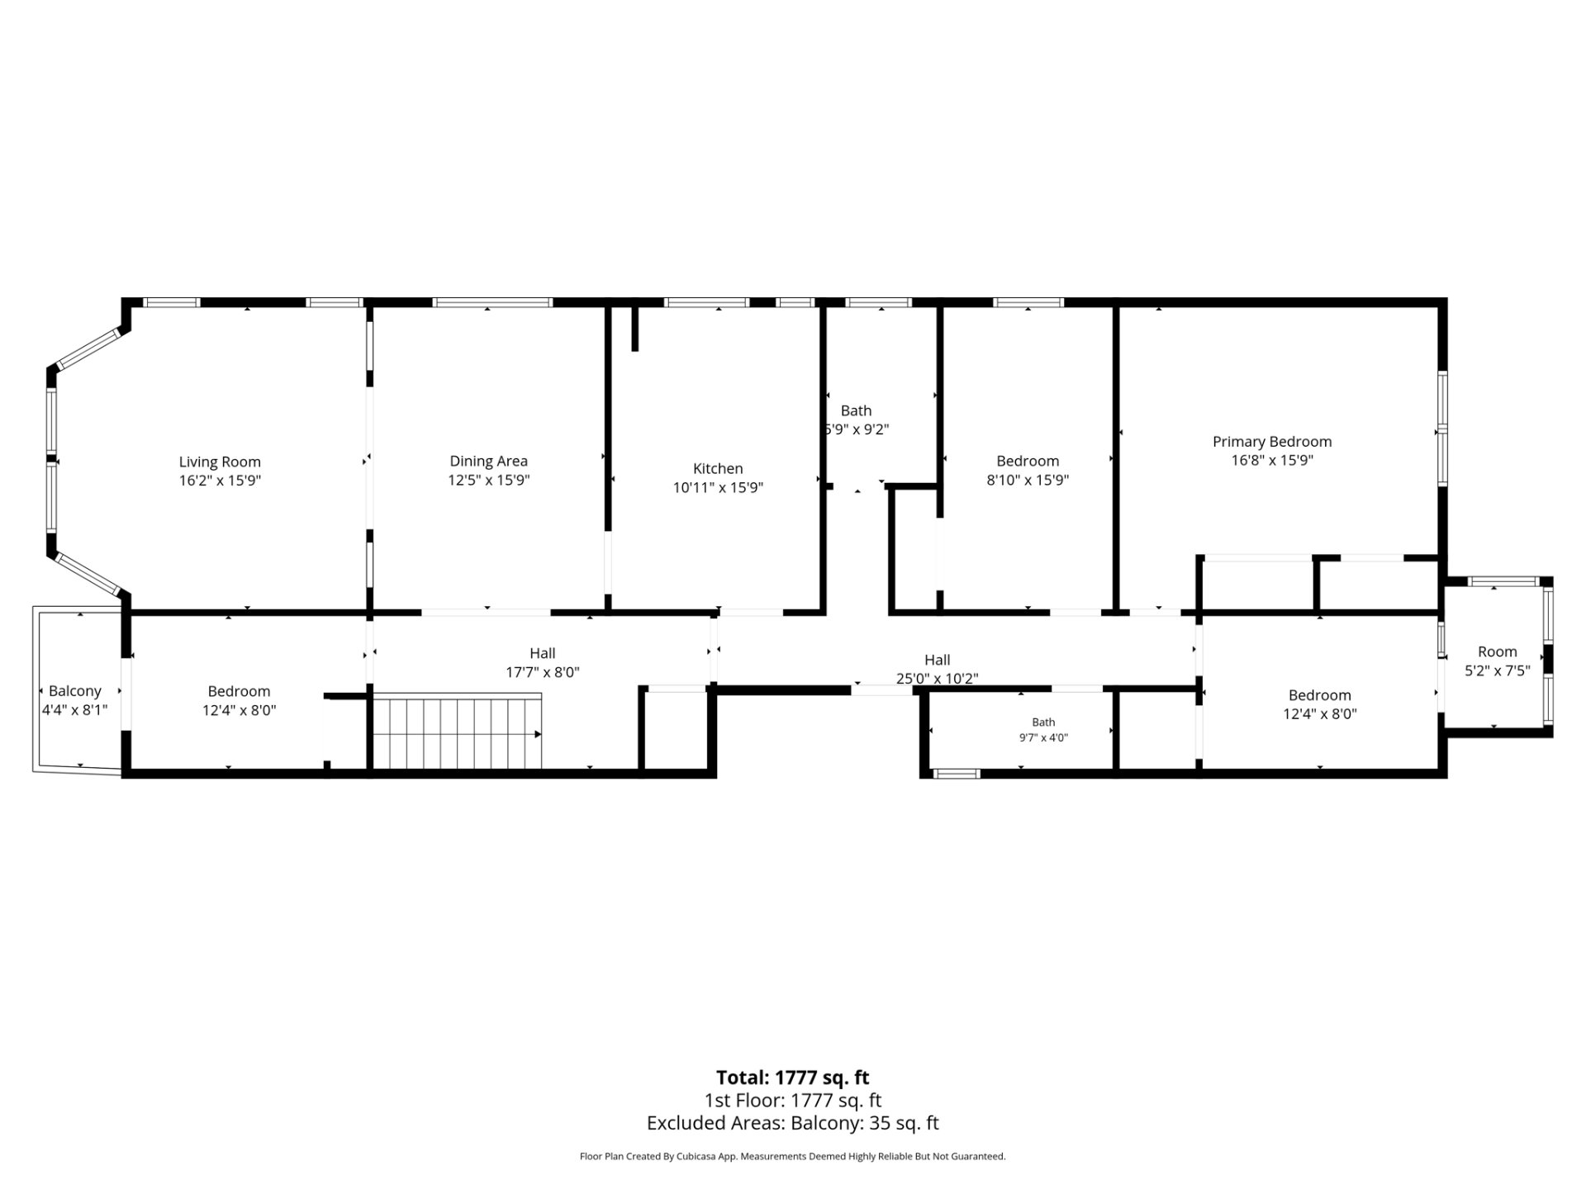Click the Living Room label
[x=220, y=462]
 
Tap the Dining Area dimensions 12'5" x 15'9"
[x=489, y=480]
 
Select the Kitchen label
[x=718, y=468]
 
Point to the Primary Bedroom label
[x=1272, y=442]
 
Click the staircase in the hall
[x=458, y=731]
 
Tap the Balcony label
[x=75, y=691]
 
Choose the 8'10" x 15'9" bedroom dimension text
[x=1028, y=480]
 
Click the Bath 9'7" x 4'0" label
[x=1043, y=730]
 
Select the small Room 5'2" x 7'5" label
[x=1498, y=661]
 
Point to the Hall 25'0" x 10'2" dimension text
[x=938, y=679]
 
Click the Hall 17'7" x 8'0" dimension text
[x=543, y=672]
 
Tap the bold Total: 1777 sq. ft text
[x=793, y=1078]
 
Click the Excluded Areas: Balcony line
[x=793, y=1123]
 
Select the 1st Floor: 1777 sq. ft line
[x=793, y=1100]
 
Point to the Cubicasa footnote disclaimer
[x=793, y=1157]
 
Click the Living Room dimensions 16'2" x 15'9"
[x=220, y=480]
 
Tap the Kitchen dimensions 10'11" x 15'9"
[x=718, y=487]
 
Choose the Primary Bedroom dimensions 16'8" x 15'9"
[x=1272, y=460]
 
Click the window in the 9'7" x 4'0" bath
[x=957, y=774]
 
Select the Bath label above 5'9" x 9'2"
[x=856, y=410]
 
